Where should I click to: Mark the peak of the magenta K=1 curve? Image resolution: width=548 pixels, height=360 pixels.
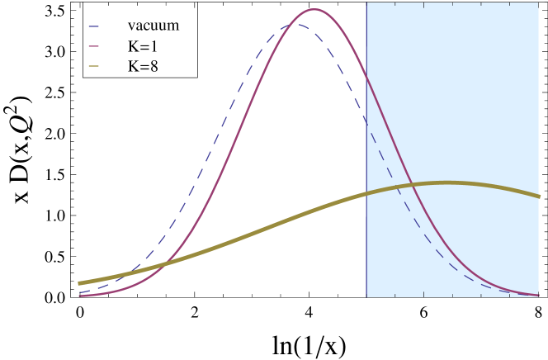[314, 10]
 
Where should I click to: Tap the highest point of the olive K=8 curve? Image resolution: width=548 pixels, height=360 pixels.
[447, 182]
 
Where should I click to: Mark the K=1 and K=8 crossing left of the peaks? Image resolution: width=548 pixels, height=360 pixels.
[167, 263]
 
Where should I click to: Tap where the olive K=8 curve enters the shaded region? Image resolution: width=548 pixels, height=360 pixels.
[366, 195]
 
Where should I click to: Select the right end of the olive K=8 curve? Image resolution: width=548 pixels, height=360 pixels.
[539, 197]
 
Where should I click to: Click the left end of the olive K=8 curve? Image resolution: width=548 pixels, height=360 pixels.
[79, 283]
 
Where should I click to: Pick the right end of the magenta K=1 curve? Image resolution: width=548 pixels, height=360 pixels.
[539, 295]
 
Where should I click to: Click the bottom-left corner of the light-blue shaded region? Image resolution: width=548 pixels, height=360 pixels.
[366, 296]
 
